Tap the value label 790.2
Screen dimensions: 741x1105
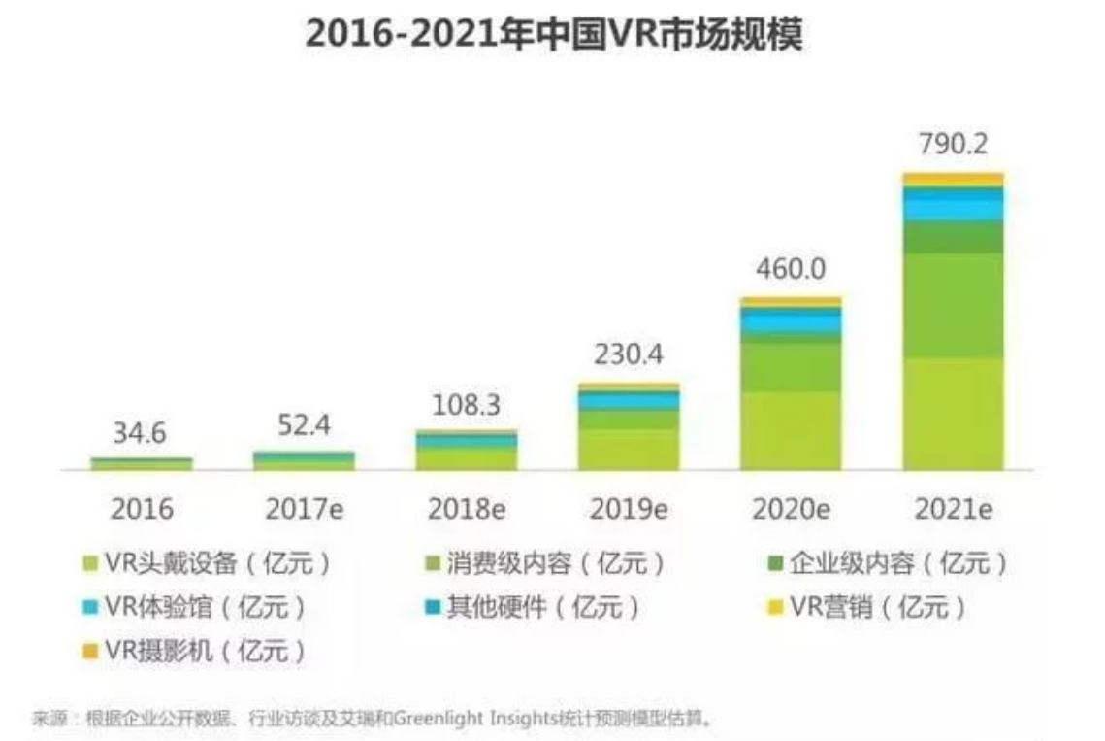tap(953, 146)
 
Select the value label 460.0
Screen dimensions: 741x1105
tap(791, 269)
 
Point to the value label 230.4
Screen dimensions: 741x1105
tap(629, 355)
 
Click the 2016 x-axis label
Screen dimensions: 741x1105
tap(142, 509)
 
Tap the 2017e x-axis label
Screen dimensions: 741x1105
tap(304, 509)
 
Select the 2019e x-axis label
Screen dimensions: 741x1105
tap(629, 509)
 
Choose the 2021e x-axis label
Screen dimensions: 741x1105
tap(953, 509)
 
